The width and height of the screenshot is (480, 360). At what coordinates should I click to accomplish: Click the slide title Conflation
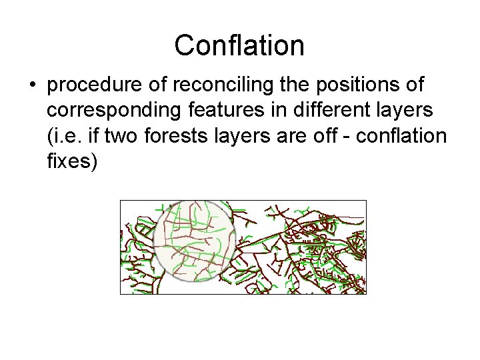[x=239, y=45]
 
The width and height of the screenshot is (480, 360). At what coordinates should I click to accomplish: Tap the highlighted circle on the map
[x=194, y=239]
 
